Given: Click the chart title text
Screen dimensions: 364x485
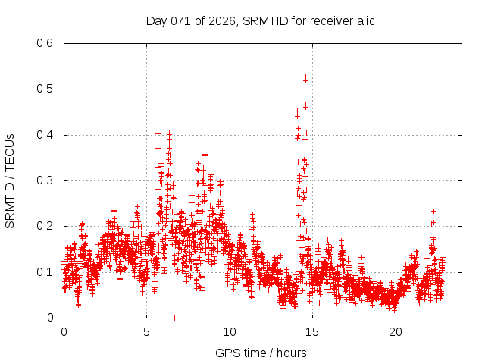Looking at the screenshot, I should pyautogui.click(x=260, y=20).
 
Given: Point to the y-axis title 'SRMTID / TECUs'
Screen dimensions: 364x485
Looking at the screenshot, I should pyautogui.click(x=10, y=180).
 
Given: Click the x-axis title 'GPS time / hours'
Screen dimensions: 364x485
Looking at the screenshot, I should pyautogui.click(x=260, y=353).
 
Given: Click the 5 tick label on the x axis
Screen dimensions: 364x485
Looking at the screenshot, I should pyautogui.click(x=147, y=331).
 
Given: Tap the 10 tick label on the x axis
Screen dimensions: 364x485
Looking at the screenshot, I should pyautogui.click(x=230, y=331).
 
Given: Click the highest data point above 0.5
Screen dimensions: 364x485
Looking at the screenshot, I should pyautogui.click(x=305, y=77).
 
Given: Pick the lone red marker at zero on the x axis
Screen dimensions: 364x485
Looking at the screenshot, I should pyautogui.click(x=174, y=318).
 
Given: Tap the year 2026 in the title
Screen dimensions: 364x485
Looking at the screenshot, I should pyautogui.click(x=224, y=20).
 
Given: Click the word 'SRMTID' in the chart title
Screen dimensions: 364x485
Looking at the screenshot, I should pyautogui.click(x=268, y=20).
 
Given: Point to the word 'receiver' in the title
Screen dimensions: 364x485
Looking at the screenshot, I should pyautogui.click(x=329, y=20).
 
